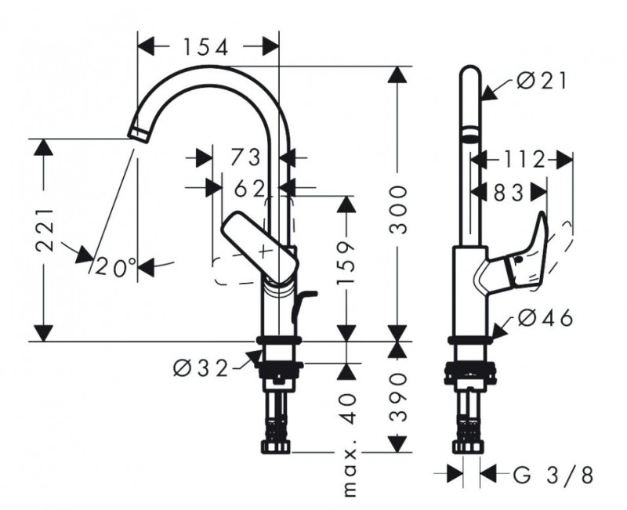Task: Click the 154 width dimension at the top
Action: click(206, 47)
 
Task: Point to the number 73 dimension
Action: click(244, 157)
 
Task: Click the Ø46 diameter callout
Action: click(545, 318)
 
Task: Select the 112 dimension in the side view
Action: click(524, 160)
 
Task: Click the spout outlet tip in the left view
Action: click(138, 132)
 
